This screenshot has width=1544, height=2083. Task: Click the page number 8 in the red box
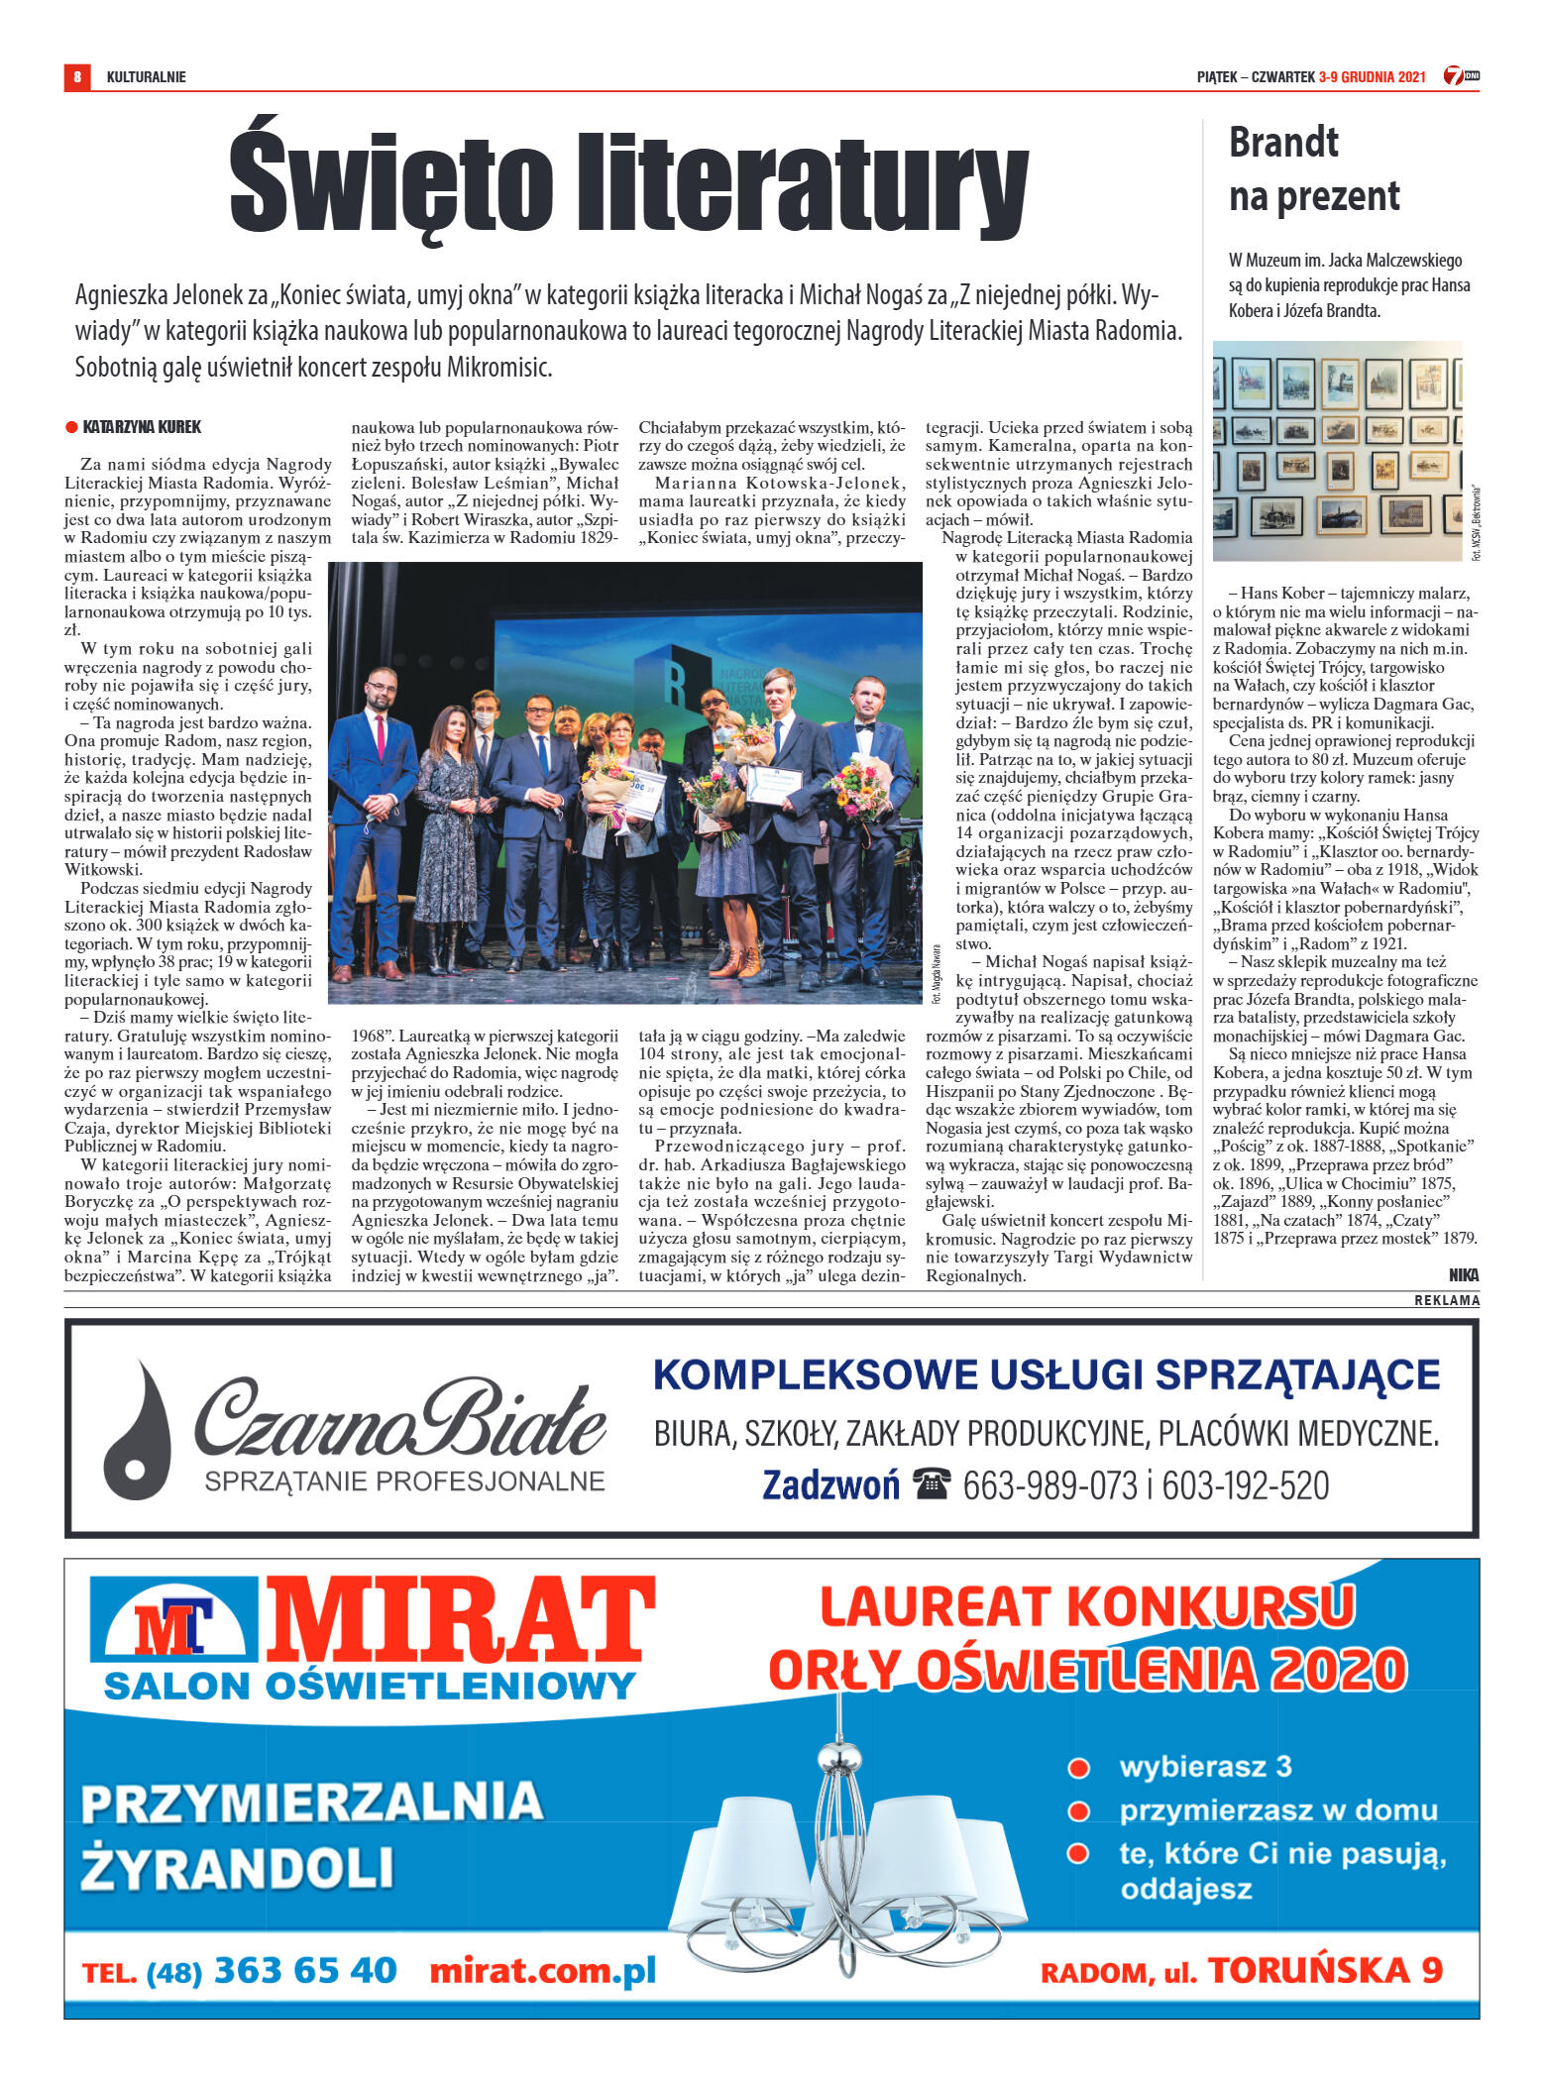[77, 76]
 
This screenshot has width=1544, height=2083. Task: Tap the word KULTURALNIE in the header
[146, 77]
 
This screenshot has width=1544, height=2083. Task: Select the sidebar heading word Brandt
[1282, 143]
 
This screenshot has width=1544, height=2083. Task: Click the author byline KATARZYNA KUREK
[142, 427]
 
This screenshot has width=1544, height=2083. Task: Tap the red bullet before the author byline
[71, 427]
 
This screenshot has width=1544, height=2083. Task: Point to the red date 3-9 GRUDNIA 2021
[1372, 77]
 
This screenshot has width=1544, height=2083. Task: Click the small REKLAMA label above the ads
[1446, 1300]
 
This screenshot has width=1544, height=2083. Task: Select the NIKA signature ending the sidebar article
[1463, 1275]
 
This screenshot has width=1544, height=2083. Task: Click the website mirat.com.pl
[542, 1970]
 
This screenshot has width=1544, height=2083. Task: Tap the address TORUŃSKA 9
[1325, 1970]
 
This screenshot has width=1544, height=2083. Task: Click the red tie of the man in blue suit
[381, 732]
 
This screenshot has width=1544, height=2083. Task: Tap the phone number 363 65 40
[305, 1970]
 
